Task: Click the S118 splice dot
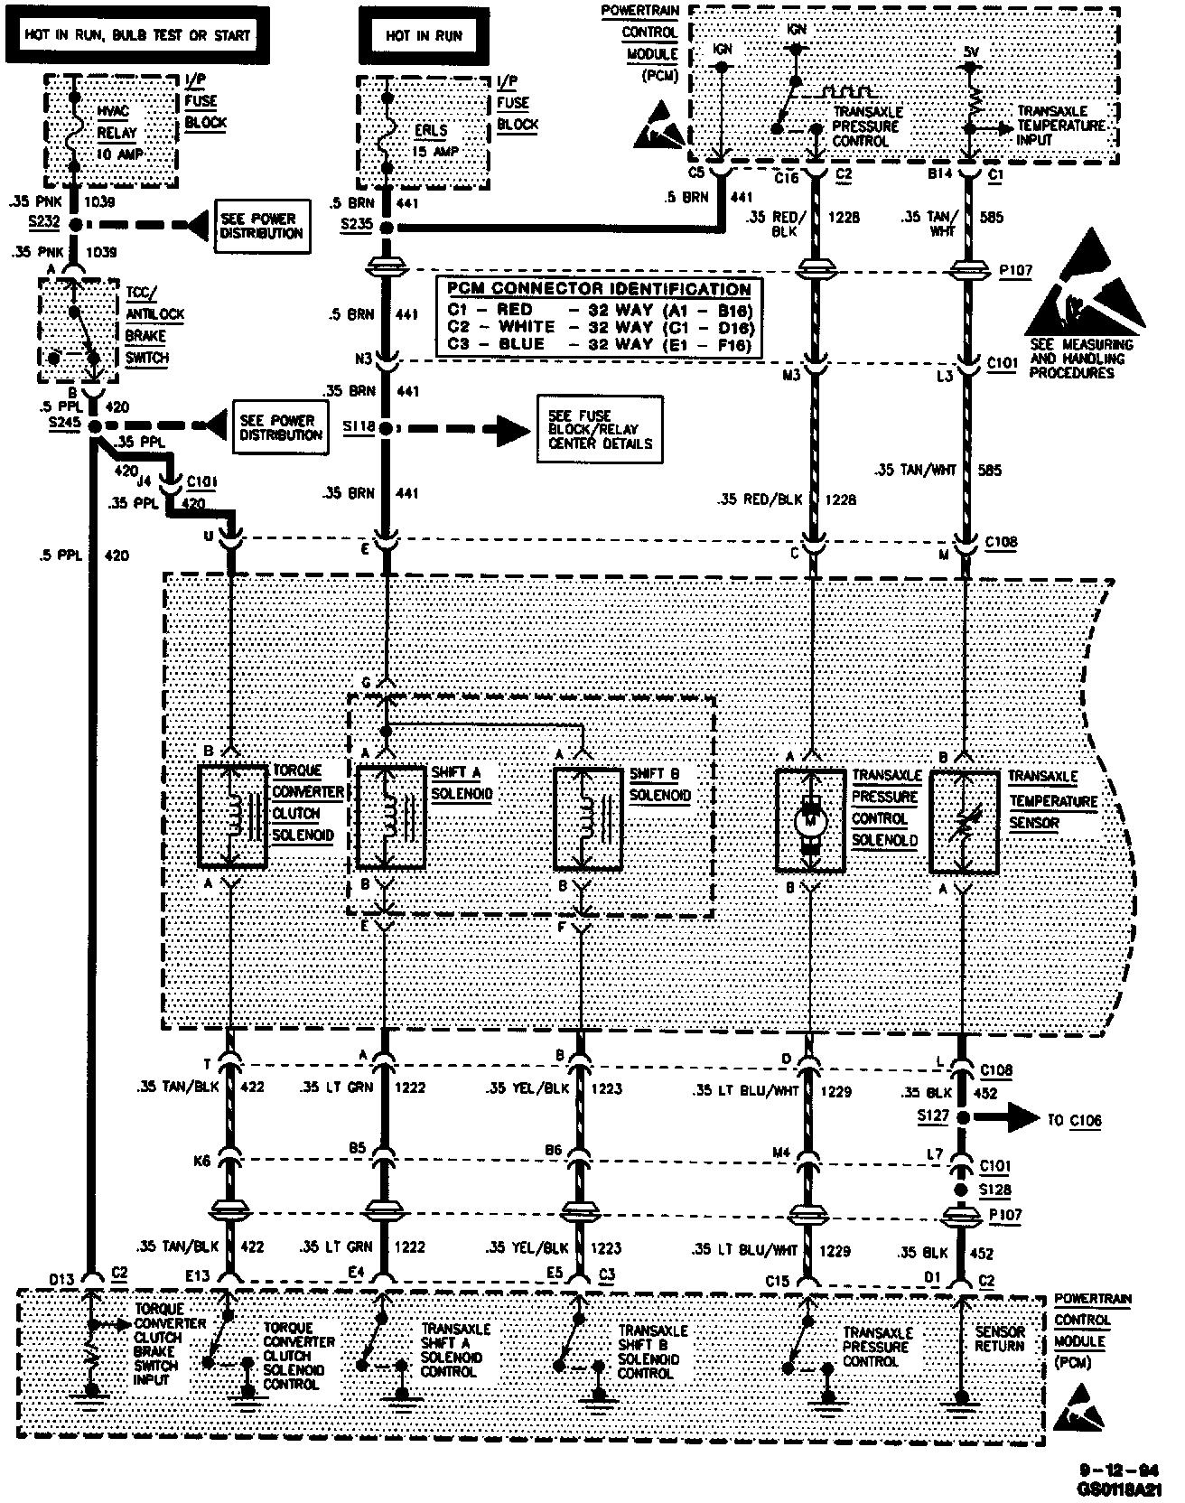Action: [x=386, y=428]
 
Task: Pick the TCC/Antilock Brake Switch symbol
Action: [x=79, y=331]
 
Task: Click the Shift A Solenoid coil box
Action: [x=391, y=817]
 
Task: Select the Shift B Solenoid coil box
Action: [x=587, y=817]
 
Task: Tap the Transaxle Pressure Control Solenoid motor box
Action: [x=810, y=821]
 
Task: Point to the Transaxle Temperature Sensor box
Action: [x=965, y=821]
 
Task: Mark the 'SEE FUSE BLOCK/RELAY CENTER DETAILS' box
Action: [x=599, y=429]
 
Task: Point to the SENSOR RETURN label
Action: [x=1000, y=1339]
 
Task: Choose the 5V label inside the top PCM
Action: [x=971, y=52]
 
